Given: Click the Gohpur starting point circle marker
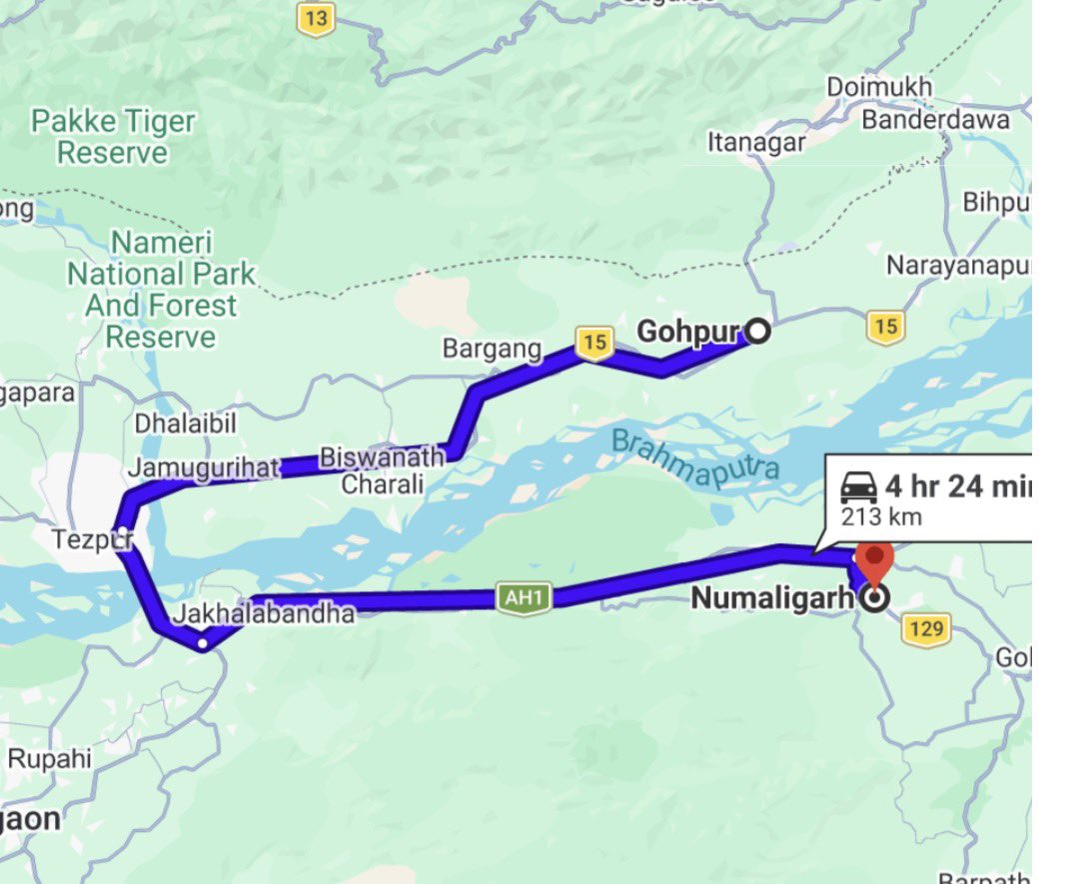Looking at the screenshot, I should pos(758,331).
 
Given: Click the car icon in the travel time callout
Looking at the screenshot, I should pos(859,488).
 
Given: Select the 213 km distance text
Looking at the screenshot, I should pos(880,517).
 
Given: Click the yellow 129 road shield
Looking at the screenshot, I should pos(926,630).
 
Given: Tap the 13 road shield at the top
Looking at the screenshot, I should pos(316,17).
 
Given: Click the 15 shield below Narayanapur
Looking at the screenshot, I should pos(885,326).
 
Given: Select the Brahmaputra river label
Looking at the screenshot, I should pos(694,459).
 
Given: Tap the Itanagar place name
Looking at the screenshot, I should pos(756,143).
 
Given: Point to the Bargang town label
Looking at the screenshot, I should pos(493,349).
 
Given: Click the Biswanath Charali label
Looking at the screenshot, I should pos(383,471).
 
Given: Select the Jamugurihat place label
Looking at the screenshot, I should pos(204,467).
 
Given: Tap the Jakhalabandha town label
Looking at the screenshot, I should pos(264,613).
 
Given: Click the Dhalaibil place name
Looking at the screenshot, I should pos(186,423).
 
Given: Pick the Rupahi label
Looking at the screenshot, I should pos(49,758).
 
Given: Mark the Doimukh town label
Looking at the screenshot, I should pos(879,87).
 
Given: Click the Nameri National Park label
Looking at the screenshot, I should pos(161,289).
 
